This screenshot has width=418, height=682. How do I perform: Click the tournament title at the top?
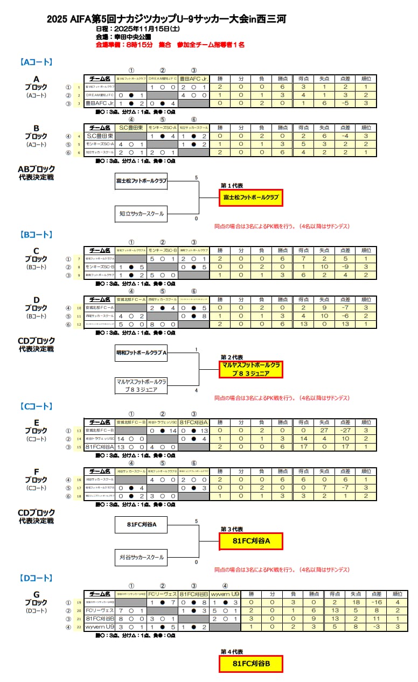point(166,19)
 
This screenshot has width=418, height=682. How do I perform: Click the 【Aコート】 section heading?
point(36,62)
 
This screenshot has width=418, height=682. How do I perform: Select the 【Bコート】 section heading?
point(36,235)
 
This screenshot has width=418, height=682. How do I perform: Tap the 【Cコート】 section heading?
point(36,406)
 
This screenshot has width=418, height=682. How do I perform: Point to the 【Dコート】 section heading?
point(36,578)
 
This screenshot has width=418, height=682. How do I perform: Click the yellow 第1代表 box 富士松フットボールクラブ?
point(250,198)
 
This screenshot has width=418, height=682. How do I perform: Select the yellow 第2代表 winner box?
point(250,369)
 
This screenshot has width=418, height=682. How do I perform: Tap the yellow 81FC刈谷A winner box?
point(250,541)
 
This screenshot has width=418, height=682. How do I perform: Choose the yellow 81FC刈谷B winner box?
point(250,664)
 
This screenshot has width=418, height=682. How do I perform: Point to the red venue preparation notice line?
point(170,45)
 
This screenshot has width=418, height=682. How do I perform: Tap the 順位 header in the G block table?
point(396,595)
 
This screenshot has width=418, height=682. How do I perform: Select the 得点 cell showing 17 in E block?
point(303,447)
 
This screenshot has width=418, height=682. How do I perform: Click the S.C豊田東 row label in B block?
point(100,136)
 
